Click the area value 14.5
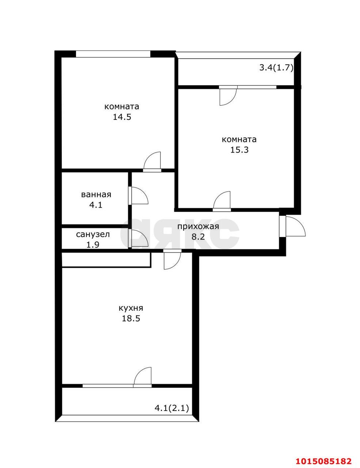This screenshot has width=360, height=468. click(x=122, y=117)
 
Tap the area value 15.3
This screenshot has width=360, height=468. click(x=239, y=150)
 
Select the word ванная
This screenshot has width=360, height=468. click(x=96, y=195)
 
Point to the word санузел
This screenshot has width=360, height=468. click(x=93, y=234)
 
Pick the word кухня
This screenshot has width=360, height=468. click(x=131, y=308)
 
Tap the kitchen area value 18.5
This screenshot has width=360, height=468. click(x=131, y=318)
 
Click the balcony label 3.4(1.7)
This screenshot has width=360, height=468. click(x=276, y=68)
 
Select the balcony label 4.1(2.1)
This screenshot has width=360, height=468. click(x=172, y=408)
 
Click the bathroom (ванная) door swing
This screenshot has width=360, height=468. click(x=139, y=196)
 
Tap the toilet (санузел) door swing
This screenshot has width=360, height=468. click(x=139, y=239)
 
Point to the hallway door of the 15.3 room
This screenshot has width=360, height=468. click(x=222, y=201)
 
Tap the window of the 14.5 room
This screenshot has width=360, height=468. click(x=113, y=54)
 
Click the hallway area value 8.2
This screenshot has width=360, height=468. click(x=198, y=237)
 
